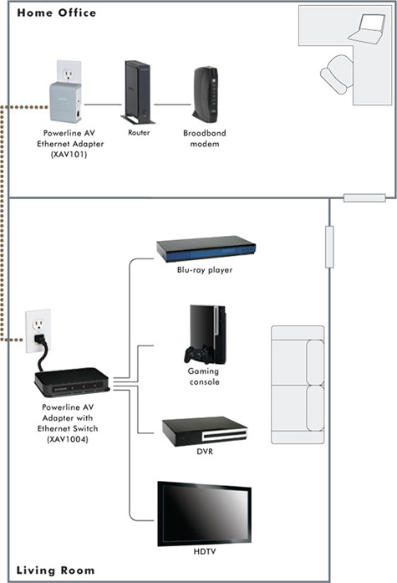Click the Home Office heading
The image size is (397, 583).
pyautogui.click(x=57, y=13)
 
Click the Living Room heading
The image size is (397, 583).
pyautogui.click(x=56, y=570)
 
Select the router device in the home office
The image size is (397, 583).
pyautogui.click(x=137, y=93)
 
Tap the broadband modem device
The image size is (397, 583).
pyautogui.click(x=205, y=95)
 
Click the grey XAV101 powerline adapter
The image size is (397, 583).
pyautogui.click(x=65, y=102)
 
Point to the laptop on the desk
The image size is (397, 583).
pyautogui.click(x=366, y=28)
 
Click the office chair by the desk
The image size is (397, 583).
pyautogui.click(x=337, y=74)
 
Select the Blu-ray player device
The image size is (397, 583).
pyautogui.click(x=206, y=248)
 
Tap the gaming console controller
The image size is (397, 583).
pyautogui.click(x=198, y=355)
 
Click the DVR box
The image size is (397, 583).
pyautogui.click(x=205, y=432)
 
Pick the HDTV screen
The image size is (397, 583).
pyautogui.click(x=204, y=514)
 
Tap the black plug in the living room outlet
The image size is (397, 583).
pyautogui.click(x=40, y=340)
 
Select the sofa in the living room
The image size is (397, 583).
pyautogui.click(x=298, y=385)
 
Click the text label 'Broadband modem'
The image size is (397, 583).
pyautogui.click(x=205, y=138)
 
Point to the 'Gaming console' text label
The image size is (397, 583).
pyautogui.click(x=203, y=376)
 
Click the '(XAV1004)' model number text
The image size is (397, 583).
pyautogui.click(x=68, y=439)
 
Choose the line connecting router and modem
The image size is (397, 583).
pyautogui.click(x=173, y=105)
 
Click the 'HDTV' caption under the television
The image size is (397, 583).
pyautogui.click(x=205, y=551)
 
